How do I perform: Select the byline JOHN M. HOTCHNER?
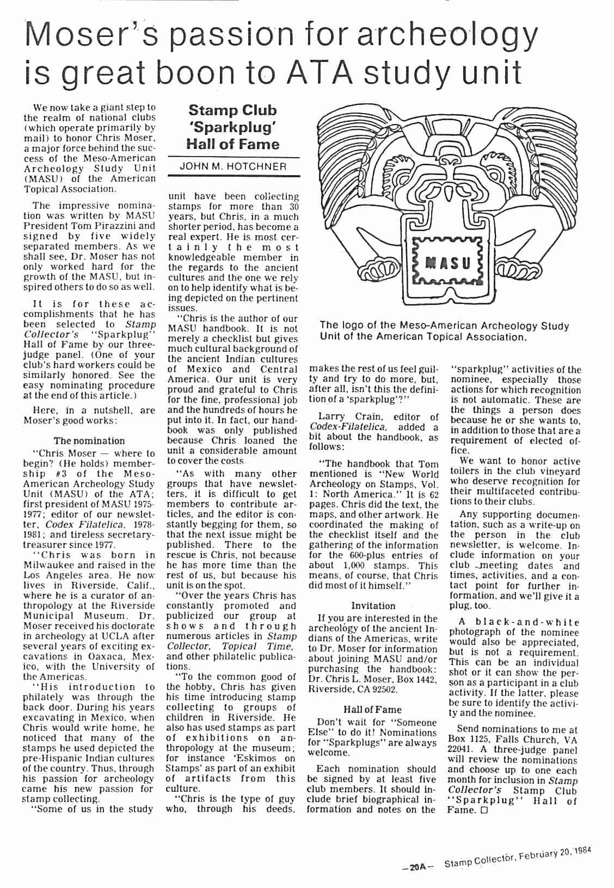[x=234, y=167]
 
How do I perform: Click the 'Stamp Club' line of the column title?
[x=232, y=110]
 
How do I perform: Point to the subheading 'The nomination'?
[x=89, y=441]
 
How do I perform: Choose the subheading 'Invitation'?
[x=373, y=605]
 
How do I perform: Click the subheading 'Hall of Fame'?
[x=373, y=709]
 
